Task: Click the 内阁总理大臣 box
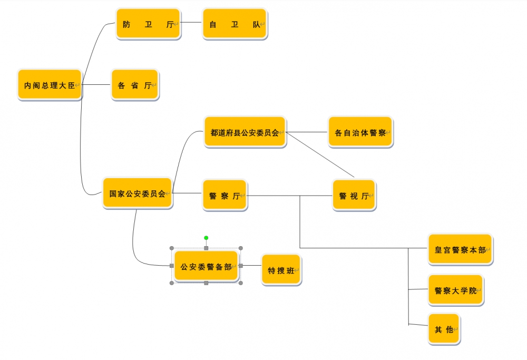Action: point(50,85)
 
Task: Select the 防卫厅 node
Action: point(148,24)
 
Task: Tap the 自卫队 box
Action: point(235,24)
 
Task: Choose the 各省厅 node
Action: point(134,85)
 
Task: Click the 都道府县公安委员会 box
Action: point(245,132)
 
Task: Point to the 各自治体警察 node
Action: point(360,132)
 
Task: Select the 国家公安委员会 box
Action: point(137,193)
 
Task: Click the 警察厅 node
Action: point(225,196)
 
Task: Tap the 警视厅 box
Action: point(354,196)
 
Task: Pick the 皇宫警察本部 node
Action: point(460,249)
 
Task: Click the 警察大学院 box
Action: point(455,290)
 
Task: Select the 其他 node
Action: point(444,329)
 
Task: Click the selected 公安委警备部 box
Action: point(206,266)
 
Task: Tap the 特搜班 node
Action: point(281,270)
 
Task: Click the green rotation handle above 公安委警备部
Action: point(206,238)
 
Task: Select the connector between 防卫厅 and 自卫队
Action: point(191,23)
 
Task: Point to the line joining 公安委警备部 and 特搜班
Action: point(251,266)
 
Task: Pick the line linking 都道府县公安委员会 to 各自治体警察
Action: point(307,132)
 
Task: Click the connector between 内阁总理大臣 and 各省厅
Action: point(96,84)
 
